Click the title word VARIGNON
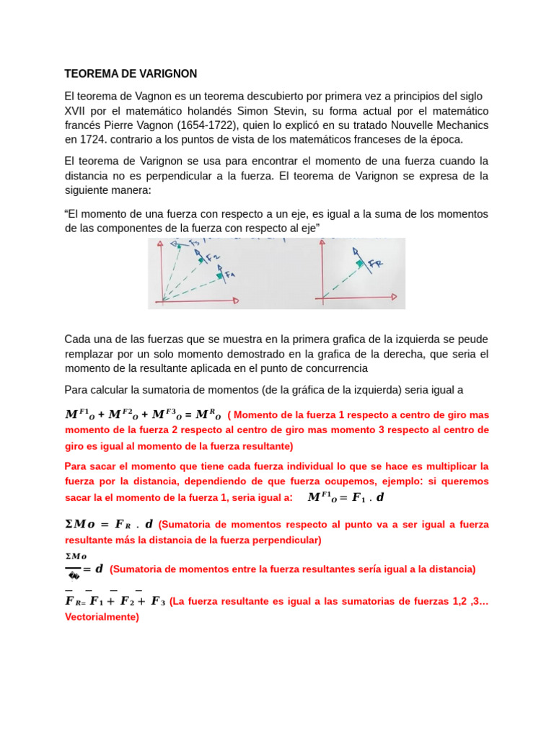[163, 74]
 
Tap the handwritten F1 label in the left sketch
[229, 275]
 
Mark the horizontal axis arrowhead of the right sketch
[394, 296]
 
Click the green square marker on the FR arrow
[359, 264]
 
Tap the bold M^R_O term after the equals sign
[208, 414]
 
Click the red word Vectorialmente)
[102, 618]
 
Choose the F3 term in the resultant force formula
[158, 601]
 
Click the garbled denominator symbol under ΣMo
[73, 574]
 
